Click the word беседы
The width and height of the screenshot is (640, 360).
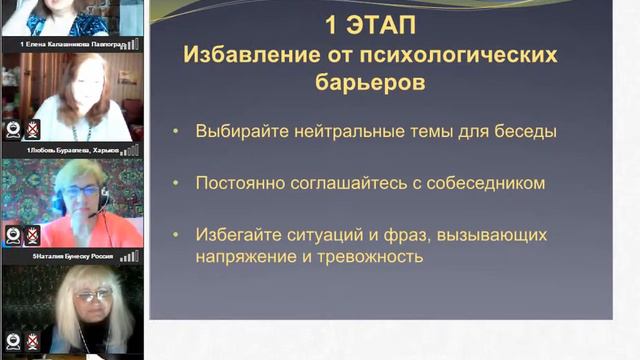tap(527, 131)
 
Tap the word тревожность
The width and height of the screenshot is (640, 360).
tap(372, 256)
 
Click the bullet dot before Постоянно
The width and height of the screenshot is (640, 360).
tap(177, 184)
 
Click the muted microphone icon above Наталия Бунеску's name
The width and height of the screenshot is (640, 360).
tap(32, 235)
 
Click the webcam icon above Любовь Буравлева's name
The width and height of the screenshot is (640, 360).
tap(13, 128)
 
